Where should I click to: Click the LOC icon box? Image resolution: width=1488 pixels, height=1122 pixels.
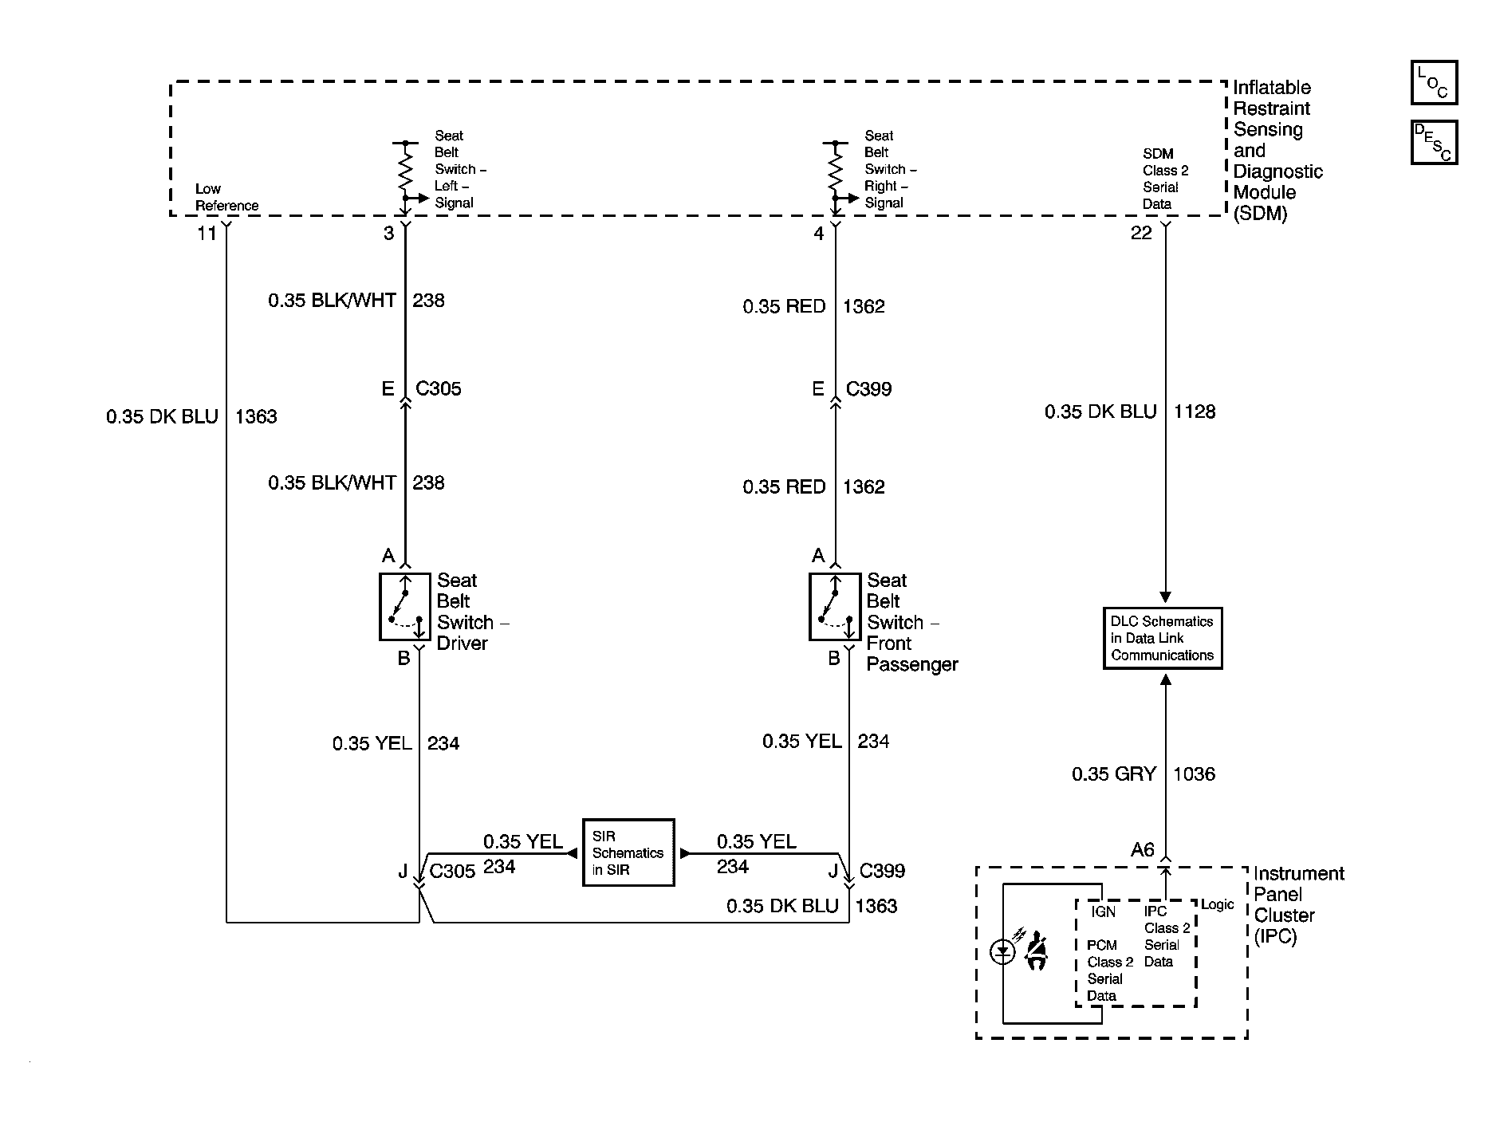(x=1434, y=82)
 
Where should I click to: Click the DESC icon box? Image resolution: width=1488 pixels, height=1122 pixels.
(x=1434, y=142)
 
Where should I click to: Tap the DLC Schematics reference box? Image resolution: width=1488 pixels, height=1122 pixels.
(x=1163, y=638)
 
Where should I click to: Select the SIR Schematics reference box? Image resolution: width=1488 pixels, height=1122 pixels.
(x=628, y=852)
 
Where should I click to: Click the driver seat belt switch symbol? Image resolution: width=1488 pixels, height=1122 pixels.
(x=404, y=607)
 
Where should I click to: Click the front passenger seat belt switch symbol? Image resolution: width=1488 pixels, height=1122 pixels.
(x=835, y=607)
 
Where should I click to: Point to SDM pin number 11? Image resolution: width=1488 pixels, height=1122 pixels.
(x=207, y=233)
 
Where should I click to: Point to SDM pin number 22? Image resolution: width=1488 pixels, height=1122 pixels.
(x=1142, y=233)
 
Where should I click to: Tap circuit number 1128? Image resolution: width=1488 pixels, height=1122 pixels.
(x=1195, y=411)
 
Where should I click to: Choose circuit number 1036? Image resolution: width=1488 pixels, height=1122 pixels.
(x=1195, y=774)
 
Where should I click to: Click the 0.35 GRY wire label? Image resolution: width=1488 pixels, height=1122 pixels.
(x=1114, y=774)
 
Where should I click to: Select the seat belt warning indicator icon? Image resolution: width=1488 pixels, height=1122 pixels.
(x=1036, y=951)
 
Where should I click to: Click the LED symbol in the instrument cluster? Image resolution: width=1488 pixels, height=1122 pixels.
(x=1002, y=951)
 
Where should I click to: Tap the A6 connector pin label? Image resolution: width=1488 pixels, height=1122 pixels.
(x=1143, y=850)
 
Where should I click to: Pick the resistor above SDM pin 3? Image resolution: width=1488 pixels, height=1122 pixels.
(x=405, y=170)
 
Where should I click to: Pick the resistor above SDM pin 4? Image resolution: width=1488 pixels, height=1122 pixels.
(x=835, y=170)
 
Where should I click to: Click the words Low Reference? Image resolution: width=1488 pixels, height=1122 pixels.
(x=227, y=197)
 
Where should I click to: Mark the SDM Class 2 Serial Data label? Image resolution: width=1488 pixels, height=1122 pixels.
(x=1166, y=179)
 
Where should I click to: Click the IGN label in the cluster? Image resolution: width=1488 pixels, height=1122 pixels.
(x=1104, y=911)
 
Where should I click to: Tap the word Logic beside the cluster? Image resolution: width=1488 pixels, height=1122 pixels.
(x=1218, y=905)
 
